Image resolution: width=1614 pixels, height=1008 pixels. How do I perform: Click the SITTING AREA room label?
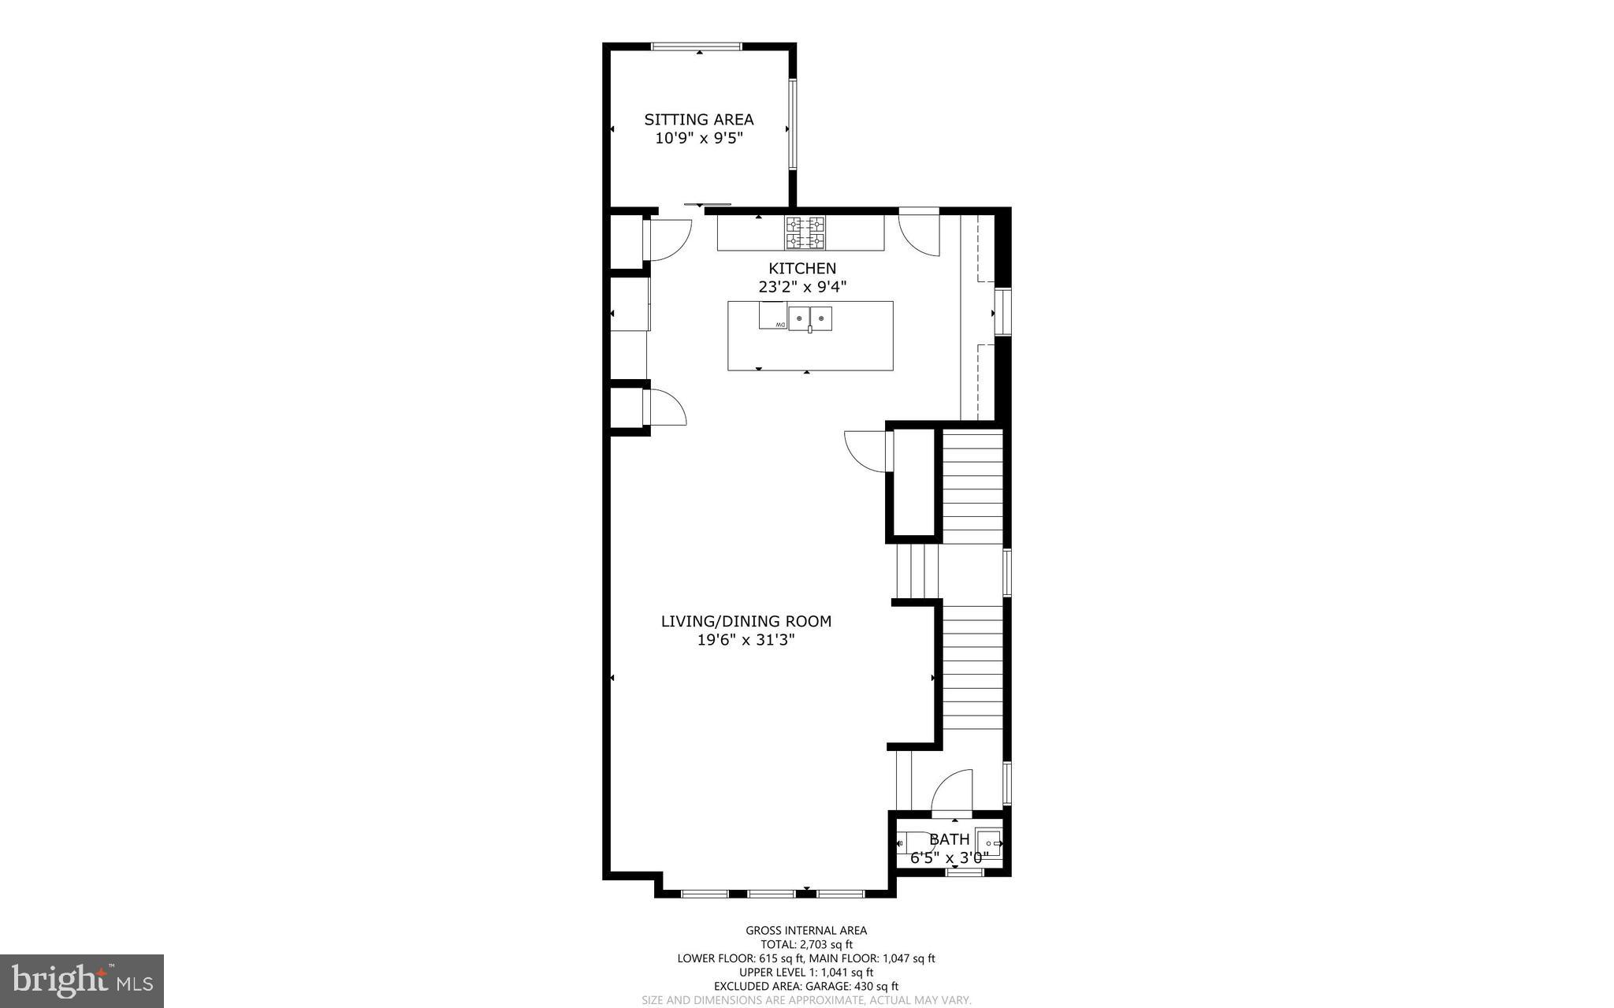[x=698, y=120]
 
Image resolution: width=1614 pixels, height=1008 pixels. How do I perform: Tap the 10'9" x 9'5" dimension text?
[x=699, y=139]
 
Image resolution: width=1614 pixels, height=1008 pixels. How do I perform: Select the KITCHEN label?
[x=802, y=269]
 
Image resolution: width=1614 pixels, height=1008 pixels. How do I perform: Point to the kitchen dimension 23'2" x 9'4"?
[x=802, y=288]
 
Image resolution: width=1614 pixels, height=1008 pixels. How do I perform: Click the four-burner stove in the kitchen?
[x=805, y=232]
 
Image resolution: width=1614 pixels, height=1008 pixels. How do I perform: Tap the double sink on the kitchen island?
[x=810, y=318]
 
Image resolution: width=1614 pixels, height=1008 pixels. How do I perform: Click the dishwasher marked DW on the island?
[x=773, y=317]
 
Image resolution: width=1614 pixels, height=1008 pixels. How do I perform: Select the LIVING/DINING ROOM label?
[x=746, y=621]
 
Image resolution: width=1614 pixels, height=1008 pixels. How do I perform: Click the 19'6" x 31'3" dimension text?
[x=746, y=640]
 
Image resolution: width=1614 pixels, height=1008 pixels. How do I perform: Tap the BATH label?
[x=949, y=839]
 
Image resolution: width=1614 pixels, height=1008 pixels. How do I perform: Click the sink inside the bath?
[x=989, y=843]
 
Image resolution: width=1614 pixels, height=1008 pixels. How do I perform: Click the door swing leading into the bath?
[x=953, y=790]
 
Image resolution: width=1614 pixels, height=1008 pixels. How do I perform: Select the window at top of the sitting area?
[x=697, y=46]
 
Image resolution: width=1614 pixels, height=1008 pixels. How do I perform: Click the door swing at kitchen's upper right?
[x=920, y=235]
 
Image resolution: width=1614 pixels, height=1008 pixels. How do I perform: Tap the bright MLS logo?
[x=82, y=980]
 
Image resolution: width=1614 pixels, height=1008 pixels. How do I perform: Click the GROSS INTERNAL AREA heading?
[x=806, y=931]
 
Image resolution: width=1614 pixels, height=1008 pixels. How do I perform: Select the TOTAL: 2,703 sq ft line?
[x=806, y=944]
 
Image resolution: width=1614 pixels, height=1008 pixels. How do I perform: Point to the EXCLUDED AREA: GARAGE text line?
[x=806, y=986]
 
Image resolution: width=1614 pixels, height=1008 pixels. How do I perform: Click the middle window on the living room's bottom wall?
[x=772, y=894]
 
